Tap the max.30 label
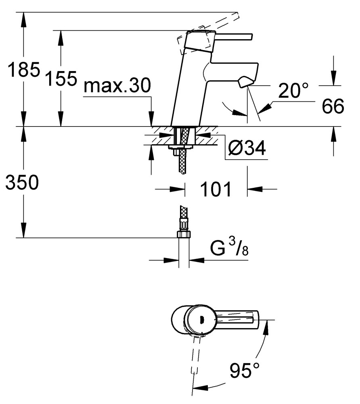[x=117, y=86]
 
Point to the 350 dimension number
[x=22, y=182]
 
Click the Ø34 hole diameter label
[x=247, y=148]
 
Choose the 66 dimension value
[x=333, y=106]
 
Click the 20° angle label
[x=293, y=90]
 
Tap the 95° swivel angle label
[x=245, y=370]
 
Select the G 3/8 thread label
[x=229, y=248]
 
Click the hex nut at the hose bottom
[x=184, y=234]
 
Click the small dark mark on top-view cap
[x=202, y=320]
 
